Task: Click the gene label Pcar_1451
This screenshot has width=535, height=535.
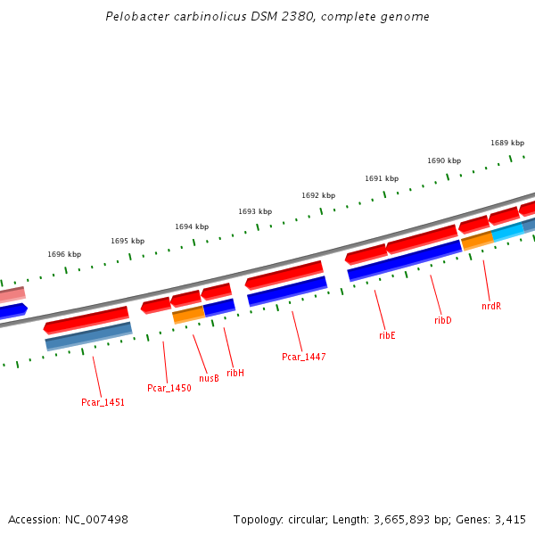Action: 103,402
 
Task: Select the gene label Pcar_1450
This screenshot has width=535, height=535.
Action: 169,388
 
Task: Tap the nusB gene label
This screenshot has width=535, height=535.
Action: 209,377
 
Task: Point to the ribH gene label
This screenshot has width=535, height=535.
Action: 235,373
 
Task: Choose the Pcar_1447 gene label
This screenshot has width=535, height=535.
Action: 304,357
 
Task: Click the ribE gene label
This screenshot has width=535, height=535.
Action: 387,335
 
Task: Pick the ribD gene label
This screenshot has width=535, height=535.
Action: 443,320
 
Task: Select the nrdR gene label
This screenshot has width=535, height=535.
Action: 491,306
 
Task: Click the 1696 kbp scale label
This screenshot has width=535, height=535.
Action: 64,254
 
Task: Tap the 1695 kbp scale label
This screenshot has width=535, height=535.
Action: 128,241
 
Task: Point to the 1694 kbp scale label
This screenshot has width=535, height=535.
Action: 192,226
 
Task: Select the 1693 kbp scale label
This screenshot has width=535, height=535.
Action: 255,211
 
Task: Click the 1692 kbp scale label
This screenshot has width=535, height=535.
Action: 318,195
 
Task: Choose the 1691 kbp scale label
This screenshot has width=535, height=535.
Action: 382,178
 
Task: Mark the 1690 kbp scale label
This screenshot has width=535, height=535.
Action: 444,160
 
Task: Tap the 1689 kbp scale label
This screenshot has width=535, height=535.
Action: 507,143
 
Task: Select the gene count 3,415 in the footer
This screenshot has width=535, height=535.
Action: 511,519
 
